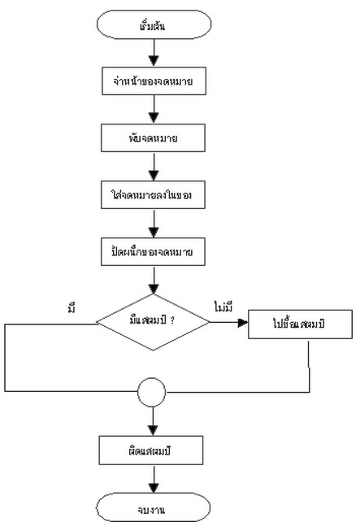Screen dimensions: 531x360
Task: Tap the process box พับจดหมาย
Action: (152, 138)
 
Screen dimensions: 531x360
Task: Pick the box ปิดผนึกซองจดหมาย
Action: (152, 253)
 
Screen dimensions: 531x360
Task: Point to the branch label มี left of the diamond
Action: (72, 307)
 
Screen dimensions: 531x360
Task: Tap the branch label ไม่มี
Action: (223, 307)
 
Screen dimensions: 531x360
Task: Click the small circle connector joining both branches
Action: (153, 396)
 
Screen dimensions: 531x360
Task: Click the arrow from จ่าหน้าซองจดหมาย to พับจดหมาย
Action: (153, 110)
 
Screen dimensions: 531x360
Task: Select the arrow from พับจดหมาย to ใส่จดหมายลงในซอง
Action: (153, 167)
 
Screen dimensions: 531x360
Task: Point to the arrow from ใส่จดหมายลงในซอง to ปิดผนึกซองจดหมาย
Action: (153, 224)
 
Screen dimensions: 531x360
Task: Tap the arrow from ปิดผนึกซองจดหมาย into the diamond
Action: (153, 282)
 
